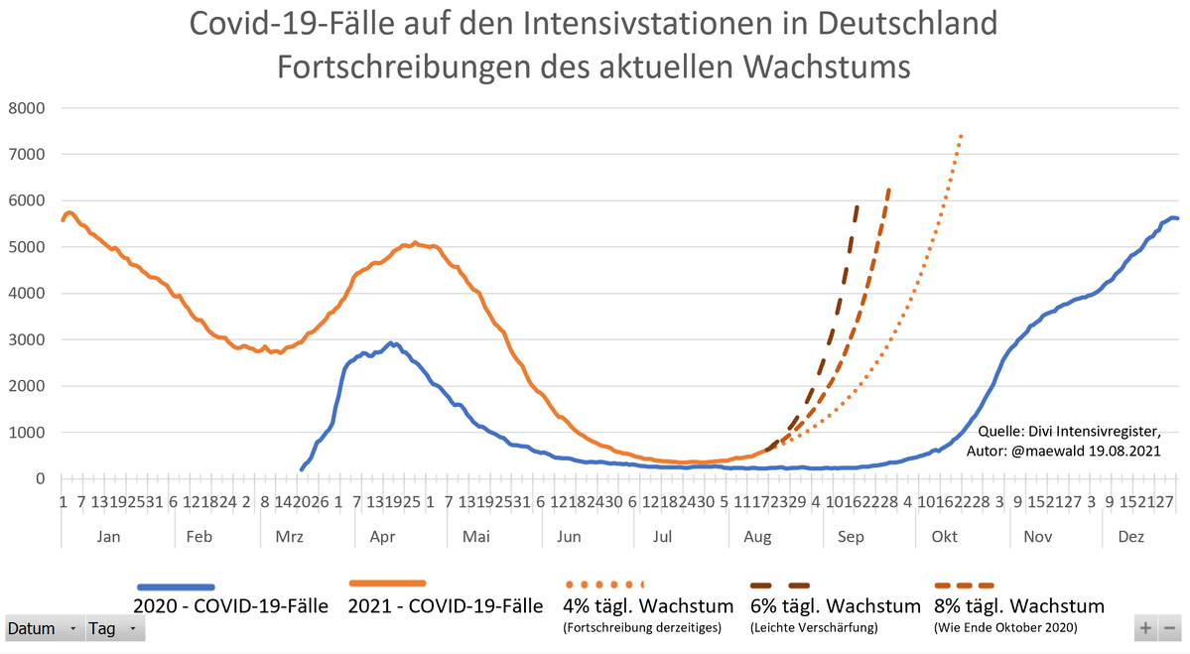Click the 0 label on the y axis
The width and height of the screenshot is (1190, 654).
[x=40, y=479]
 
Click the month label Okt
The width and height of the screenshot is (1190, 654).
[x=944, y=537]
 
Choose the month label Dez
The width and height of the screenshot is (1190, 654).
[x=1130, y=537]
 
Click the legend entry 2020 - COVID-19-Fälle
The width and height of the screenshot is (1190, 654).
[x=230, y=605]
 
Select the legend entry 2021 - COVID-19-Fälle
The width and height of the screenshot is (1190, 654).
[x=446, y=605]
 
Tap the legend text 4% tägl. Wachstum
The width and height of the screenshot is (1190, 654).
[x=648, y=605]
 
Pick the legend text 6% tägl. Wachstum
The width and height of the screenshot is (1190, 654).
[x=835, y=605]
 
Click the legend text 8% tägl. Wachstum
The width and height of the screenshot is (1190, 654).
[x=1019, y=605]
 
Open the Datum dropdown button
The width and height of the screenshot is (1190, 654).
[x=44, y=629]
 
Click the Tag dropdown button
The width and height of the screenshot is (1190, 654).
[x=115, y=629]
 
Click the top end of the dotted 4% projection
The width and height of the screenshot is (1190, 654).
[x=961, y=135]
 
